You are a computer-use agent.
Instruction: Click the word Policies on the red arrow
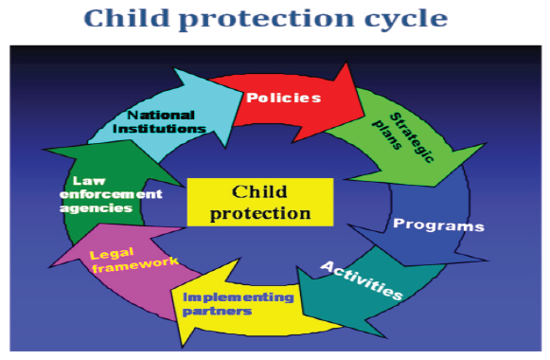click(283, 98)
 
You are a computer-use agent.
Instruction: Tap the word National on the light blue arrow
click(161, 115)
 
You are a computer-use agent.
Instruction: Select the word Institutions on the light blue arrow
click(159, 129)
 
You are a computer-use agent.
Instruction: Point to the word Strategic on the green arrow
click(412, 137)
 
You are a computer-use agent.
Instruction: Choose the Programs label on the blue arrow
click(438, 225)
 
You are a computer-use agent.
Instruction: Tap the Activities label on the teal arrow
click(362, 280)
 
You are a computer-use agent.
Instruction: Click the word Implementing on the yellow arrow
click(239, 297)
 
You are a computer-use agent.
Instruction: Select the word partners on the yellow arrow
click(217, 312)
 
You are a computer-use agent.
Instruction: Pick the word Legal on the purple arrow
click(112, 253)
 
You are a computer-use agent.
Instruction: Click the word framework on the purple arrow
click(135, 264)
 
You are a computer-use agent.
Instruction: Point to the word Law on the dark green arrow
click(89, 181)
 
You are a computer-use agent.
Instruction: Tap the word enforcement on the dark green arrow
click(111, 194)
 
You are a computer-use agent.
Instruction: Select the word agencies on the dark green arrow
click(96, 208)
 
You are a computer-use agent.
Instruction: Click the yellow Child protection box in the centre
click(260, 202)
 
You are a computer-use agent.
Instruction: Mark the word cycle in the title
click(406, 19)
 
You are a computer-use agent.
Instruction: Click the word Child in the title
click(127, 18)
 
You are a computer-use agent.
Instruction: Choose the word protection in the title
click(267, 20)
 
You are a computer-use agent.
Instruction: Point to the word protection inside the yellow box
click(260, 213)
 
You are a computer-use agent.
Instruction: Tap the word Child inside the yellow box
click(259, 191)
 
